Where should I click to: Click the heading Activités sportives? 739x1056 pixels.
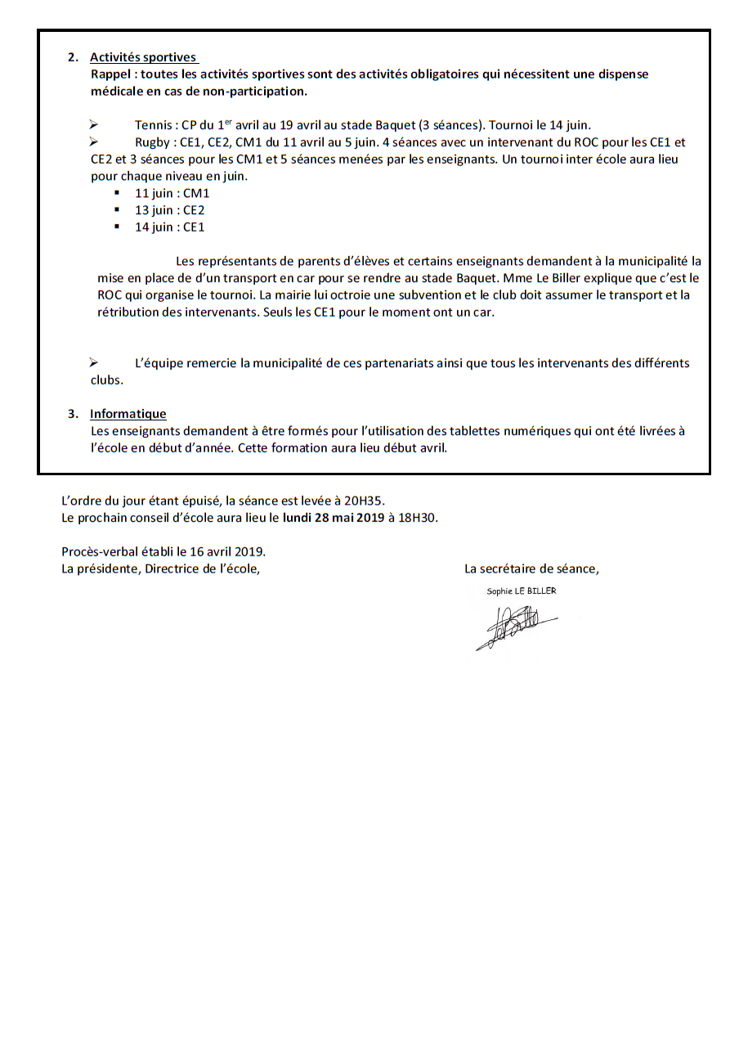[x=143, y=57]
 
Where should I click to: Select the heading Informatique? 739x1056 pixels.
[x=128, y=414]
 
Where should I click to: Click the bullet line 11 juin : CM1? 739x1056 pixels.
[x=172, y=193]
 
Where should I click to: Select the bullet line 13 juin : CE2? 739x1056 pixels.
[x=169, y=210]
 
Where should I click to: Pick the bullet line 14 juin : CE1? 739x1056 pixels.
[x=169, y=227]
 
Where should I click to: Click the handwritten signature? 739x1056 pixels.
[x=515, y=625]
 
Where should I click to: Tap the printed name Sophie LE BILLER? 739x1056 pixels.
[x=521, y=591]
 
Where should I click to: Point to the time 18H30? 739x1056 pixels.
[x=418, y=518]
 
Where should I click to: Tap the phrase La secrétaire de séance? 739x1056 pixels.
[x=531, y=569]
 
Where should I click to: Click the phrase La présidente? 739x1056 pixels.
[x=99, y=569]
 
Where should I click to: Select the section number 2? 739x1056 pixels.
[x=73, y=57]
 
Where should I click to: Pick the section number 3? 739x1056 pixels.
[x=73, y=414]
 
